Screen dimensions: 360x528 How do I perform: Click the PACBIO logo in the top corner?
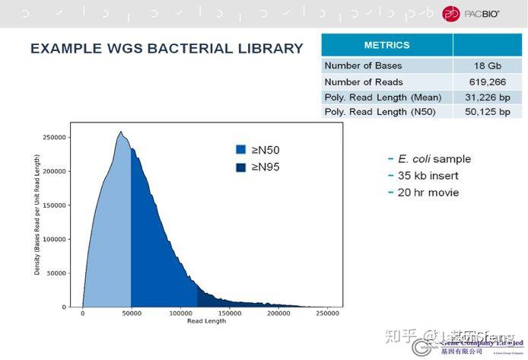tap(471, 13)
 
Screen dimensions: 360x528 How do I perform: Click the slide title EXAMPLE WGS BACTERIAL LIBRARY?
tap(167, 49)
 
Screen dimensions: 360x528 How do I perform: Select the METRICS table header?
tap(386, 45)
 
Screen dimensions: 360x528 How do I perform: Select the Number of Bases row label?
tap(363, 65)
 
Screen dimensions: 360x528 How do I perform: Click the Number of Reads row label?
tap(364, 81)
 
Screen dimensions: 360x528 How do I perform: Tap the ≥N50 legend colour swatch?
tap(241, 151)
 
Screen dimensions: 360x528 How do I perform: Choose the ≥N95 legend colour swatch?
tap(241, 167)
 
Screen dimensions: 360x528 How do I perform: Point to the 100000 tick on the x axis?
tap(180, 313)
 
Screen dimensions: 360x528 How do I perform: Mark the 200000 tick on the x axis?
tap(278, 313)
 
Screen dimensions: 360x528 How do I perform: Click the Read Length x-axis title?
tap(206, 321)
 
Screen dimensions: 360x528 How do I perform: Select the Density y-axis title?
tap(37, 215)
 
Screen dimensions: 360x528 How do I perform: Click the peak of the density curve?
tap(120, 132)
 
